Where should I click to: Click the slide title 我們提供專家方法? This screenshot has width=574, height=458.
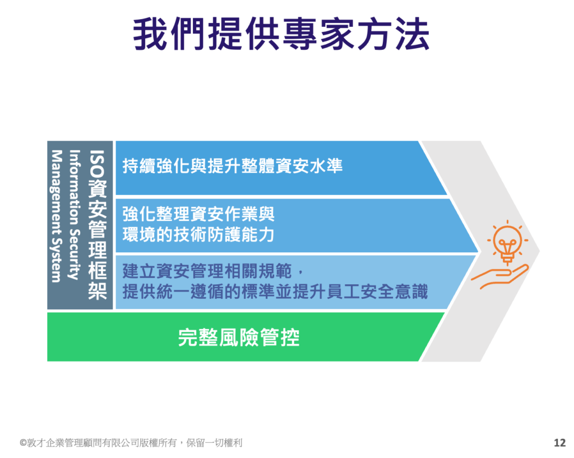(281, 34)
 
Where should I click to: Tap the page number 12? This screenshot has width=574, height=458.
(560, 443)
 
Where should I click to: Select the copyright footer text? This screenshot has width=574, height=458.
(131, 443)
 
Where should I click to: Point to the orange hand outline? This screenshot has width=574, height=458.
(500, 276)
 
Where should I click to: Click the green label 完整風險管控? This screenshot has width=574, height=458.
(239, 337)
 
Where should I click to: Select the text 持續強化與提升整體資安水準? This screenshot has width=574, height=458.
(233, 166)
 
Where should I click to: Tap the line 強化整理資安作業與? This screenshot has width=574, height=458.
(198, 214)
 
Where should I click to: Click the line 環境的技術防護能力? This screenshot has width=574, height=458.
(198, 235)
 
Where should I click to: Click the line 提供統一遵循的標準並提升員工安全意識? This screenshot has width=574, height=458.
(275, 292)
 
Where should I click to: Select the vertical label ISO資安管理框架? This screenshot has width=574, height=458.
(98, 225)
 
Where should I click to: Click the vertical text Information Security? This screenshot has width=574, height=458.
(75, 215)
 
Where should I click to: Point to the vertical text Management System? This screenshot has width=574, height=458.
(56, 216)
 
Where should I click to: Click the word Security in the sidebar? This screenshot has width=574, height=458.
(75, 255)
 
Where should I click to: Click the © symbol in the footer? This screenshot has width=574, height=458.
(23, 443)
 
